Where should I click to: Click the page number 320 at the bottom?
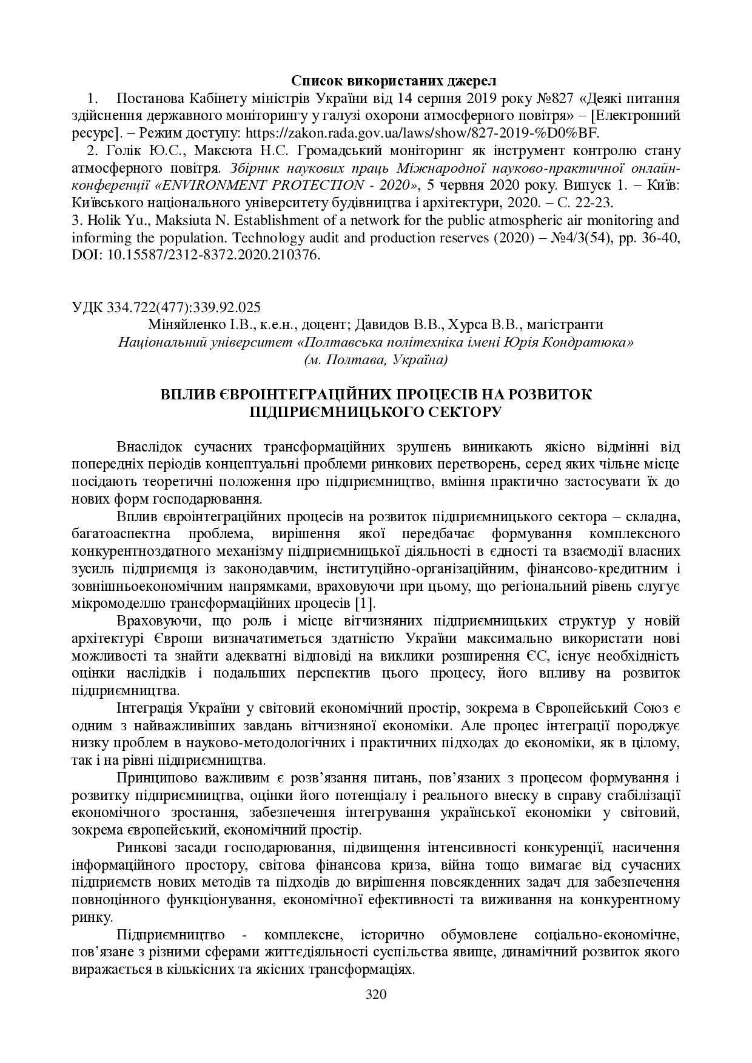point(376,994)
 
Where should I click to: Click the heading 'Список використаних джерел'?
point(394,81)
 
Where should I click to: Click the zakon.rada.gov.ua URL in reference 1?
point(412,133)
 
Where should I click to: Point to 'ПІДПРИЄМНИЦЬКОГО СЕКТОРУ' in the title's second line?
point(375,412)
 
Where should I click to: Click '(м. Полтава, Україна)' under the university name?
point(376,360)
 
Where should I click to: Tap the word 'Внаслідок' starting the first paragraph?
point(149,447)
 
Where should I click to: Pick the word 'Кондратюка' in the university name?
point(591,342)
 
